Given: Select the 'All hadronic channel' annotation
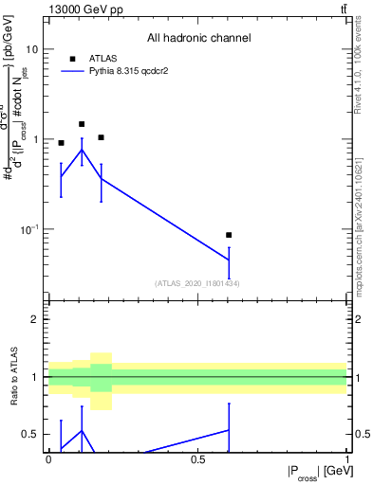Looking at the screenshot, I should [x=198, y=38].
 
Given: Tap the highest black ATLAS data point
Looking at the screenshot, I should [x=82, y=124].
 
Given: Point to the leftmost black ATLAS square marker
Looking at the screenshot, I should [x=62, y=143].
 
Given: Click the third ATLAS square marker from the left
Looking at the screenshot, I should [x=101, y=137].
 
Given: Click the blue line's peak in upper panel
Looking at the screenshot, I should [x=82, y=150].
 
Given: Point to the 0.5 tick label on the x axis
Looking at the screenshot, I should [x=198, y=459].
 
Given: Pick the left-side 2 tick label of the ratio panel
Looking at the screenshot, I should [x=35, y=319].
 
